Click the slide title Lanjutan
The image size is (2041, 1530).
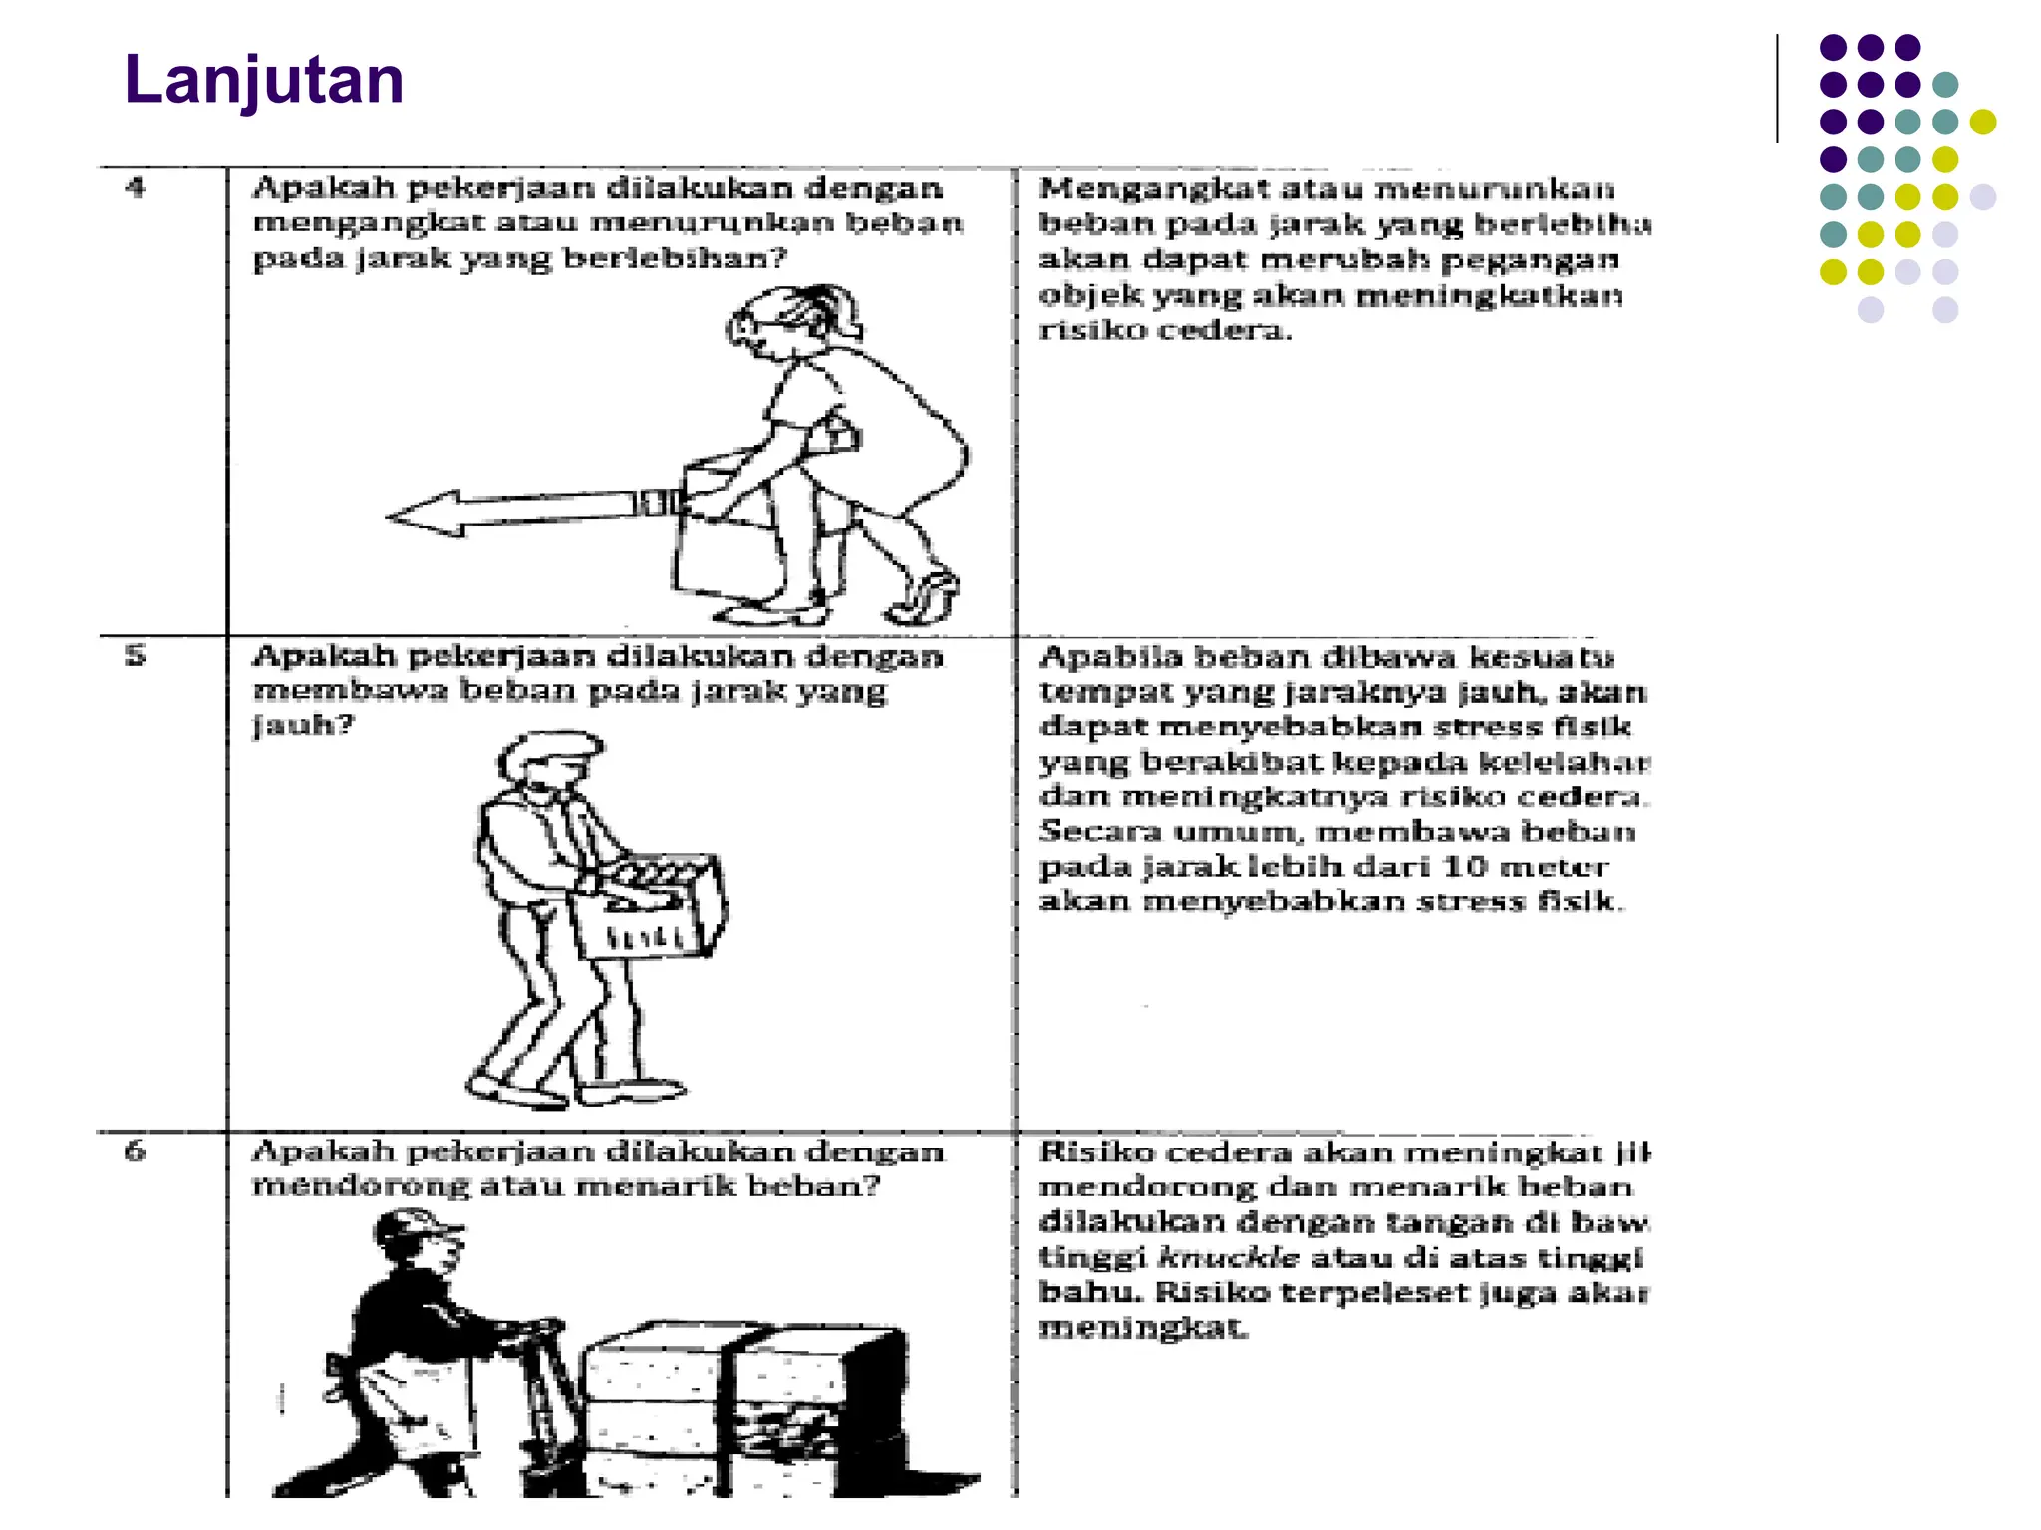tap(263, 80)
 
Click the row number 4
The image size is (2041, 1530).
tap(136, 187)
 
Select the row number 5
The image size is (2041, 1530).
tap(136, 655)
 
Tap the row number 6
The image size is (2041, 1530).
tap(136, 1150)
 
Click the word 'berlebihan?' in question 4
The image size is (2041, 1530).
tap(675, 259)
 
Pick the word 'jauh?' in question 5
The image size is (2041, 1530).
tap(303, 725)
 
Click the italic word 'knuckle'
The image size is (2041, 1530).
tap(1229, 1258)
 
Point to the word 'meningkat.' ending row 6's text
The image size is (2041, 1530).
tap(1142, 1328)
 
